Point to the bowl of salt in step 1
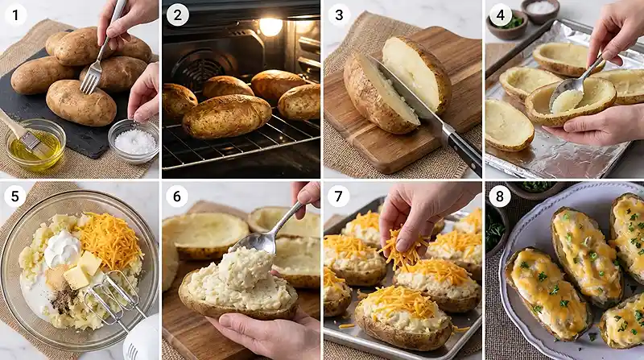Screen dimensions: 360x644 [134, 141]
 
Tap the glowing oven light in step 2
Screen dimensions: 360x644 [270, 27]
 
